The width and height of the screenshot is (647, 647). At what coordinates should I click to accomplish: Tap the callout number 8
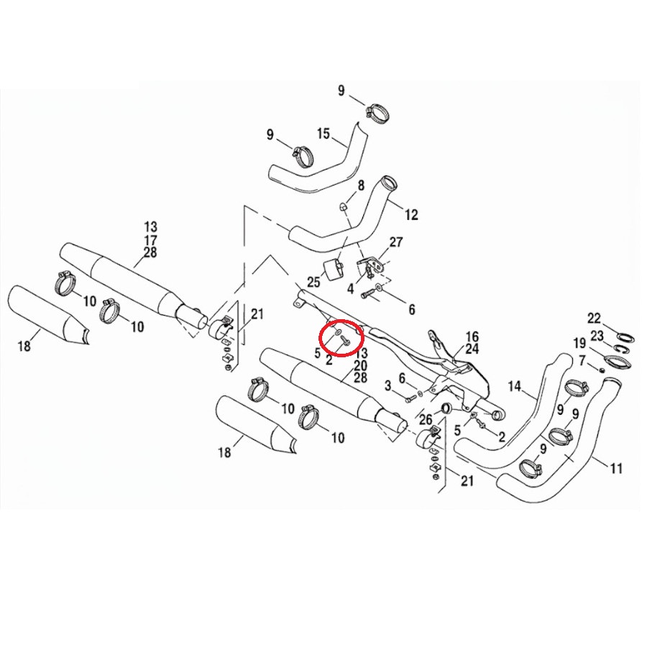point(361,185)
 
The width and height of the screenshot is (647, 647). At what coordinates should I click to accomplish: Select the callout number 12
point(411,214)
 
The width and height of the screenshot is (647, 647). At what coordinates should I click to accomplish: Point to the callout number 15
point(323,134)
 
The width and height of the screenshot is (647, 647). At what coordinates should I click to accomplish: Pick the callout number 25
point(313,283)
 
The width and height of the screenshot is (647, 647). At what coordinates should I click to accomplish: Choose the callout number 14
point(514,387)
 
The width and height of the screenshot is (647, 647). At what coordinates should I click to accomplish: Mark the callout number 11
point(616,468)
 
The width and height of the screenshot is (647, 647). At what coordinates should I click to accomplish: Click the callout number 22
point(595,318)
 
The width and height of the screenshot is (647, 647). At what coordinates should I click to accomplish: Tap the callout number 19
point(579,343)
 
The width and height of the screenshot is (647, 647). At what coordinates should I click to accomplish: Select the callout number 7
point(582,362)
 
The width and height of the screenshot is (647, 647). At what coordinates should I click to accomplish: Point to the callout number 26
point(426,420)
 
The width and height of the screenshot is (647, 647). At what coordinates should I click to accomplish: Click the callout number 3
point(387,386)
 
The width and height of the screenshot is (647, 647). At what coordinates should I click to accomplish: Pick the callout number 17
point(151,239)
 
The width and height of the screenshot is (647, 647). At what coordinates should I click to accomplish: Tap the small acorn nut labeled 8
point(342,207)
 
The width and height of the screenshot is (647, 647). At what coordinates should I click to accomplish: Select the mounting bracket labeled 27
point(372,264)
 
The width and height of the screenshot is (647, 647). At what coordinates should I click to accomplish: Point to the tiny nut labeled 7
point(602,370)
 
